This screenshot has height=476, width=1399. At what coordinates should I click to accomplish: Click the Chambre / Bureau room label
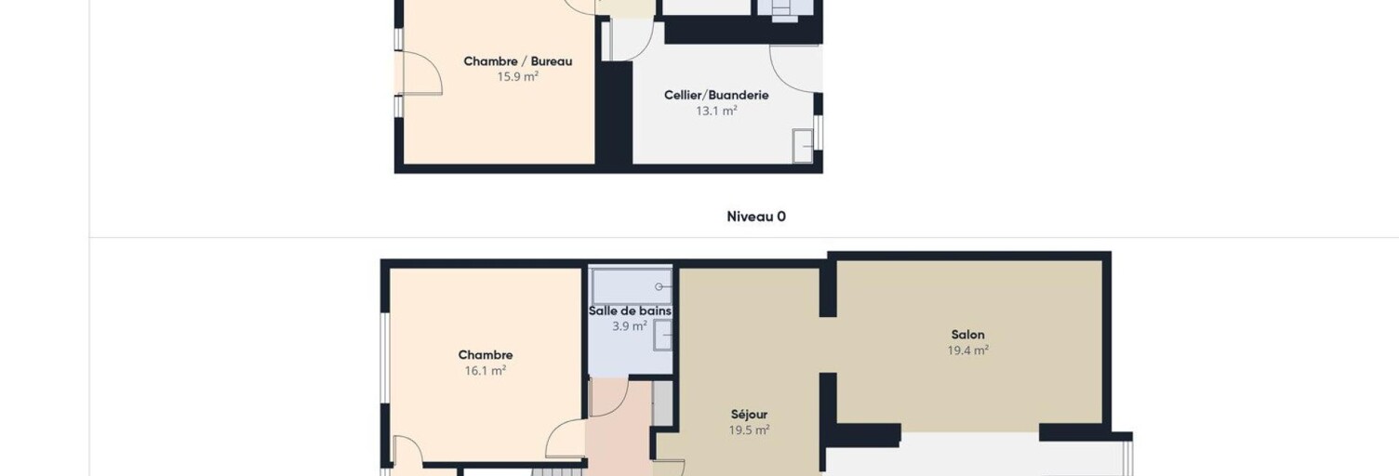tap(518, 61)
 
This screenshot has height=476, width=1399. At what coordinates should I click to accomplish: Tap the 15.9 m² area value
tap(518, 77)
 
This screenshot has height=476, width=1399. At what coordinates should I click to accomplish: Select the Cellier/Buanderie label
tap(716, 95)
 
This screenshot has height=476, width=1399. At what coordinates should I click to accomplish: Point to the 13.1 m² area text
tap(716, 111)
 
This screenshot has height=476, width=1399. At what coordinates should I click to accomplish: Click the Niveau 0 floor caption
tap(756, 217)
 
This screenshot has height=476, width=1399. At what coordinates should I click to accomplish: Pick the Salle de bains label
tap(630, 311)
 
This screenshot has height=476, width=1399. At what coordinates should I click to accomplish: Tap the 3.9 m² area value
tap(630, 326)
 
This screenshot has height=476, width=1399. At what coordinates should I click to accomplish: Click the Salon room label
tap(967, 335)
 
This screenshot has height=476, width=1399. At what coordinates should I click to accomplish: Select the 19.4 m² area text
tap(968, 350)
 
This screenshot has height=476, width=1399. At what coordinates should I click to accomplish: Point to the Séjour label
tap(749, 415)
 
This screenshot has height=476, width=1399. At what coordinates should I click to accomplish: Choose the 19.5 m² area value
tap(749, 430)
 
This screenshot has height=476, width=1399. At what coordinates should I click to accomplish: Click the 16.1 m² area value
tap(486, 371)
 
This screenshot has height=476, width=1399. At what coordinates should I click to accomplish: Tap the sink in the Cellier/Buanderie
tap(803, 146)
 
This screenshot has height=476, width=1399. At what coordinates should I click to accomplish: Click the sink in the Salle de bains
tap(662, 336)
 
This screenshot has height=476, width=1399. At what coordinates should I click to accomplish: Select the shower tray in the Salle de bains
tap(632, 287)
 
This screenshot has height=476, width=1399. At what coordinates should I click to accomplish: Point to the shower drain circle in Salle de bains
tap(659, 287)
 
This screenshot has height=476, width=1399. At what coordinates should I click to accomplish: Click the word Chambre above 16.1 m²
tap(486, 355)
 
